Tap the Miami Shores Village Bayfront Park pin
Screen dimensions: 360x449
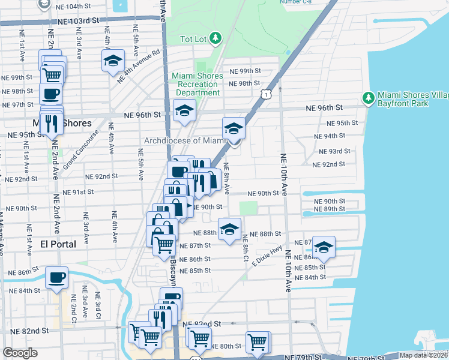coord(369,97)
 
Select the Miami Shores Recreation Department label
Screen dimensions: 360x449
coord(197,85)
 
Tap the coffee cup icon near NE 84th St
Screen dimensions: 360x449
coord(57,277)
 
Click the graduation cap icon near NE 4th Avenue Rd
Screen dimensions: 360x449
coord(113,61)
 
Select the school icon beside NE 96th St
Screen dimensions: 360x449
coord(185,110)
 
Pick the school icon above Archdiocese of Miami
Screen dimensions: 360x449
coord(234,128)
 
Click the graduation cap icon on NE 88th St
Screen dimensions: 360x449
coord(229,229)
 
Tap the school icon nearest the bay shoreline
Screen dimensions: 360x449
coord(324,247)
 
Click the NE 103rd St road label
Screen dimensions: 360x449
coord(78,20)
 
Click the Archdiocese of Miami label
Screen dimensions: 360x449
coord(183,141)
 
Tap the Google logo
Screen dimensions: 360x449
coord(20,353)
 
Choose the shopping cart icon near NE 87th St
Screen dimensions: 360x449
coord(164,244)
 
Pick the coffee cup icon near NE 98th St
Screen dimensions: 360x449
coord(50,94)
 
